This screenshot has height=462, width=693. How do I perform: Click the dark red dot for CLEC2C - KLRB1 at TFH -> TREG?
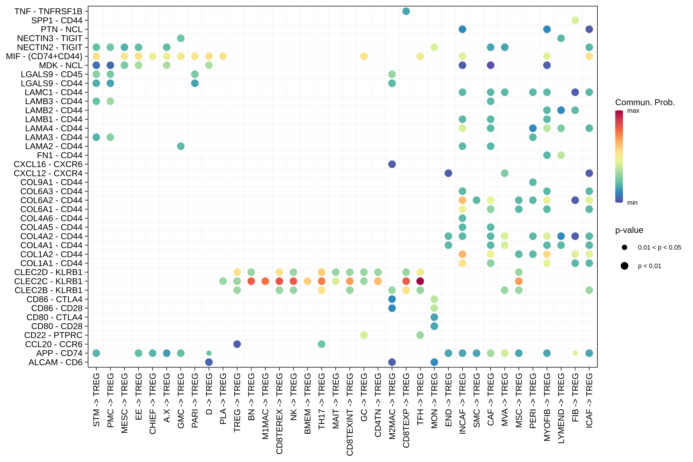(420, 281)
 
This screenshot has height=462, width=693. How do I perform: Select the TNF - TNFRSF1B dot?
(406, 11)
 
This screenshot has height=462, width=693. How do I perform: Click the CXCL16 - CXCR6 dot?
(392, 164)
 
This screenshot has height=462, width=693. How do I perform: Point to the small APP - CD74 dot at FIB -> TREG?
(575, 353)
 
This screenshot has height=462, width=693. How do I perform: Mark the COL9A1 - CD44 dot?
(533, 182)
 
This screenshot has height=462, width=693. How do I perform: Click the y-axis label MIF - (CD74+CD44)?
(44, 56)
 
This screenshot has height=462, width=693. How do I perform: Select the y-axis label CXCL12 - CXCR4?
(48, 173)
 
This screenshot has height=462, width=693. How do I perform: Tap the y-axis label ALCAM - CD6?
(55, 362)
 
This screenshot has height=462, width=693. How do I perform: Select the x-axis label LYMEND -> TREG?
(561, 408)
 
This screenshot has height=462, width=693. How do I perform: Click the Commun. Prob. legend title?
(645, 103)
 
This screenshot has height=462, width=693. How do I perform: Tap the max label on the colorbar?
(633, 111)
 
